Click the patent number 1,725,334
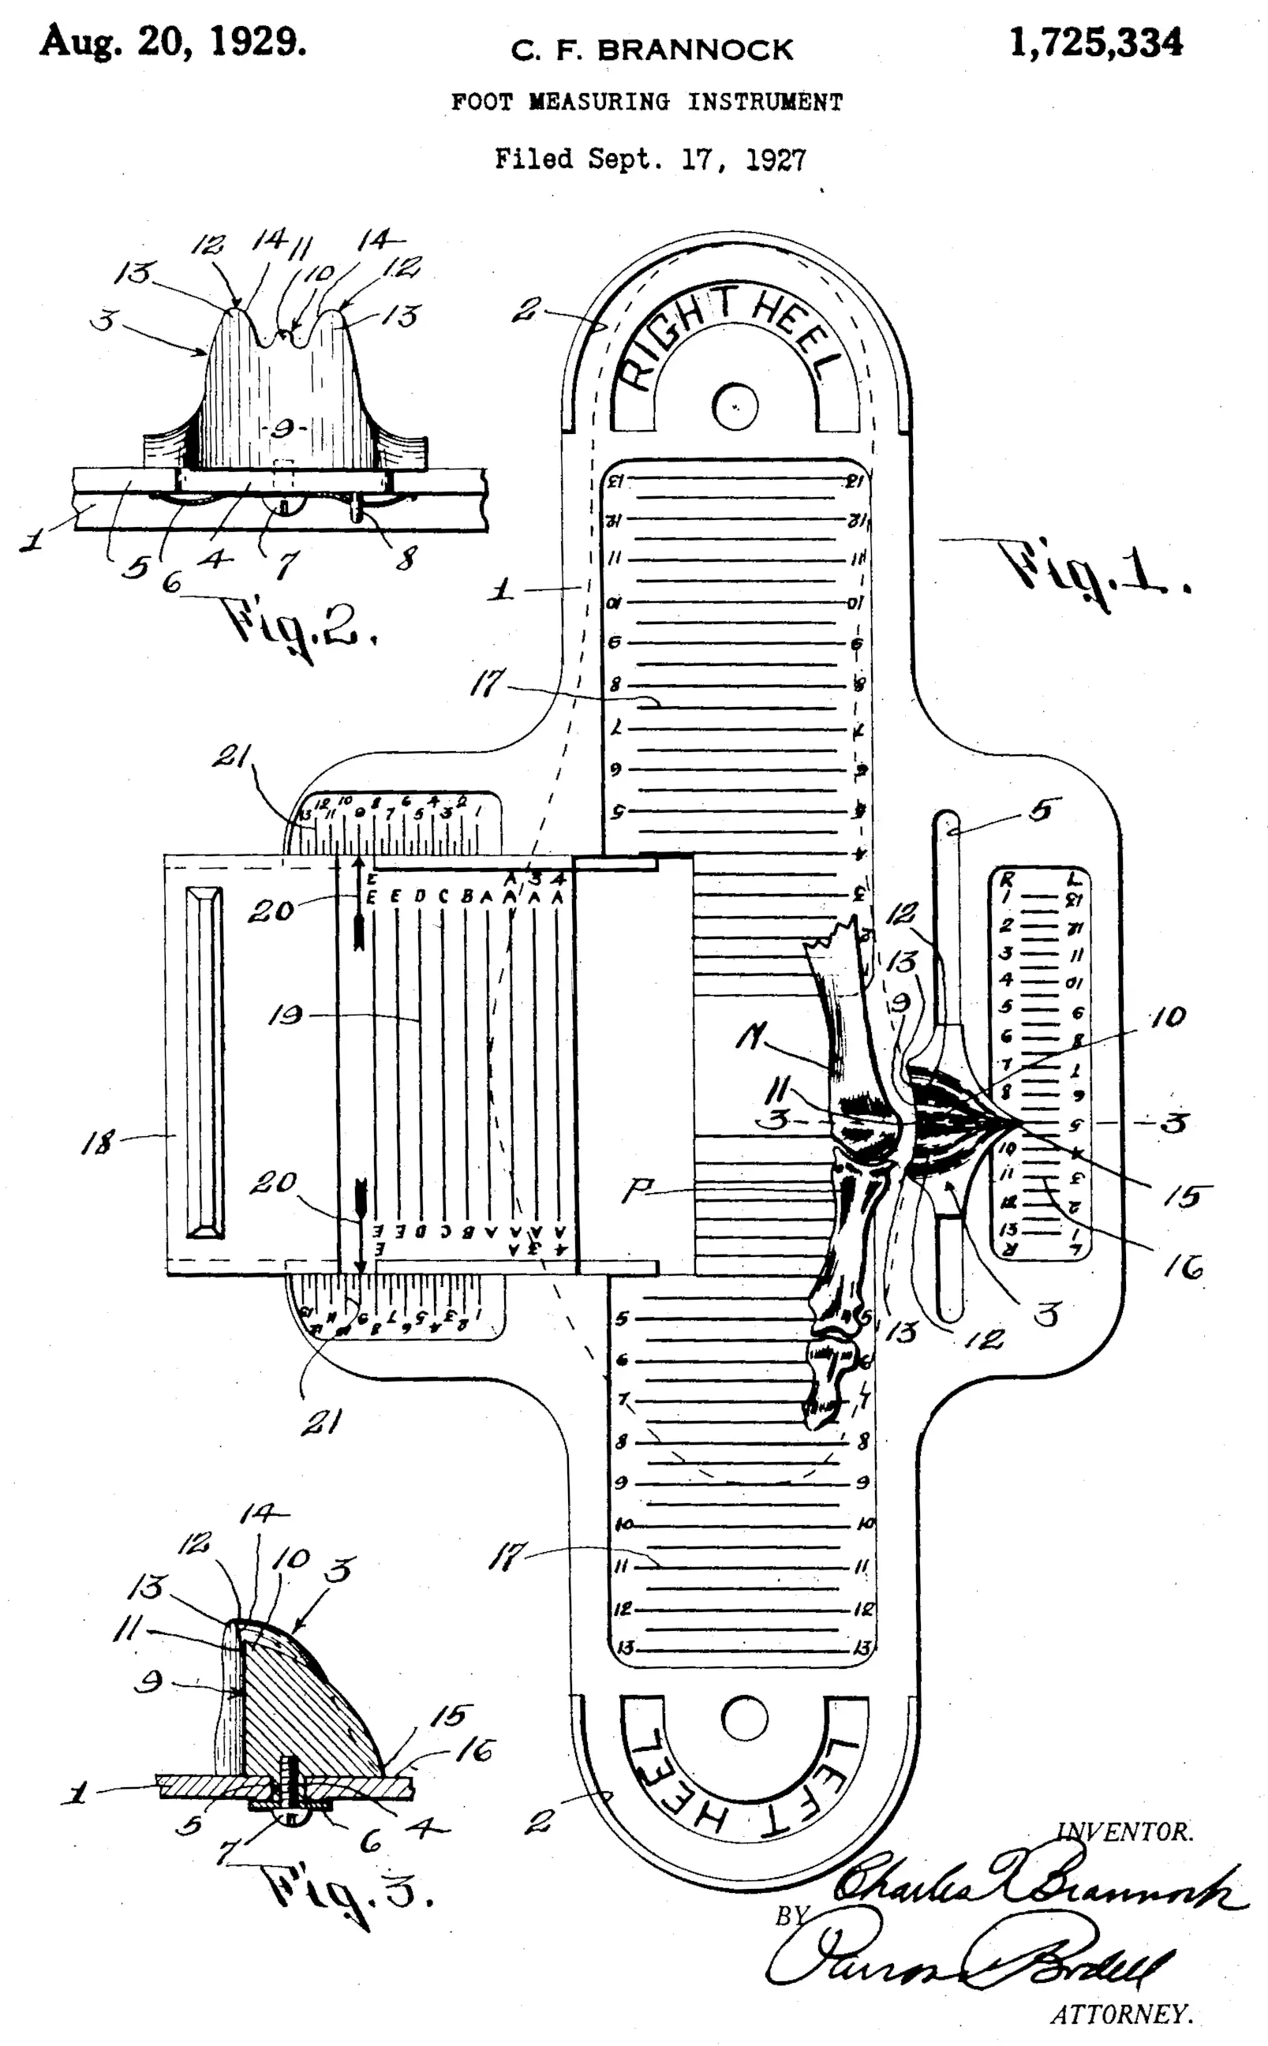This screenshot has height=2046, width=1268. pos(1095,43)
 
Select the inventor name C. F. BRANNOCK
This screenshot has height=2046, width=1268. pos(652,50)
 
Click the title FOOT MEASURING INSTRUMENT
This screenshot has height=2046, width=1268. pos(646,103)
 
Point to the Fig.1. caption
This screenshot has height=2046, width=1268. pos(1094,570)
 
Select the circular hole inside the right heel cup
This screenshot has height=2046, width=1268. pos(735,406)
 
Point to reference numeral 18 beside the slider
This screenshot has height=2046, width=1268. pos(98,1142)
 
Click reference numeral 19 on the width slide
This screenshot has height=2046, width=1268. pos(285,1016)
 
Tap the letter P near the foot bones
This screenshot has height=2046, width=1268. pos(638,1190)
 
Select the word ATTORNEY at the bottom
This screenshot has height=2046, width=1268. pos(1121,2014)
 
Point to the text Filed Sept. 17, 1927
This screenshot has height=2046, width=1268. pos(650,159)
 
